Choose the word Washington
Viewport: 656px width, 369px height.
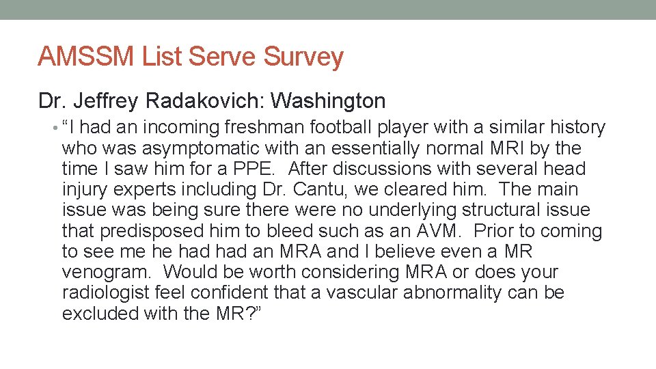[x=328, y=101]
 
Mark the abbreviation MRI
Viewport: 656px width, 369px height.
[x=515, y=148]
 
